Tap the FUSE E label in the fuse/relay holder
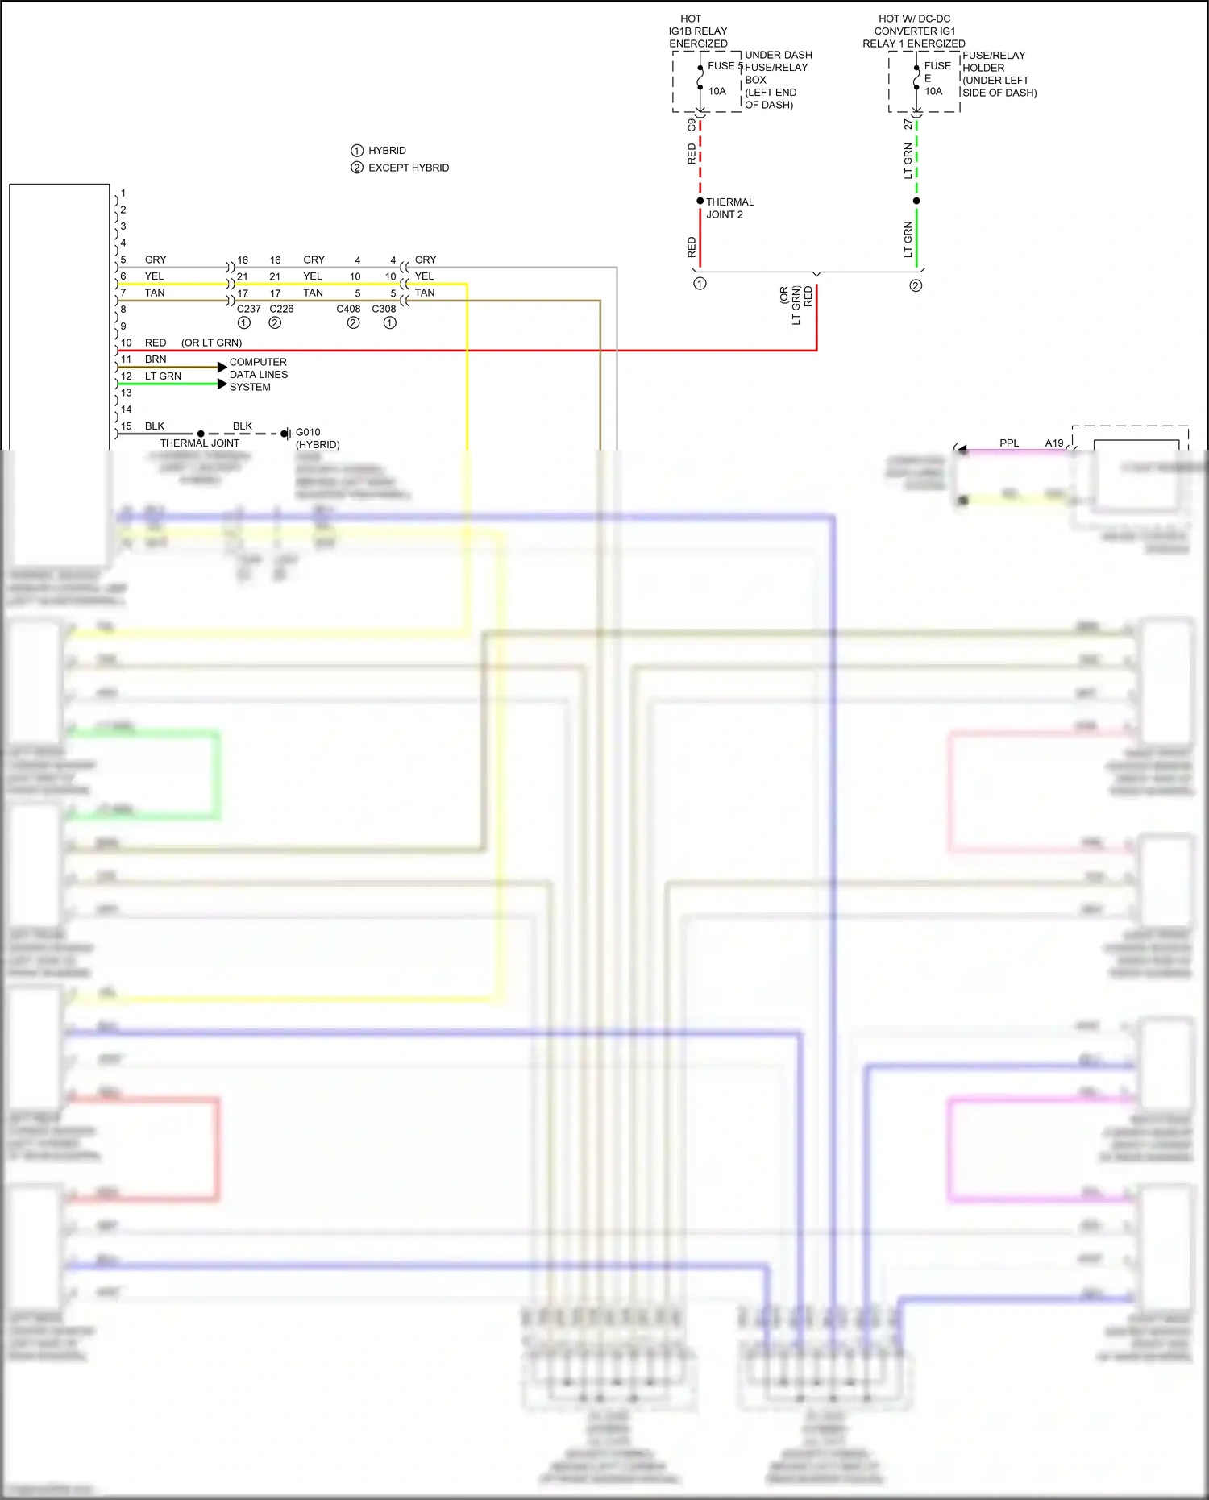pos(937,72)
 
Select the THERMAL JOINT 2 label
pos(729,208)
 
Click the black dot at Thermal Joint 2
pos(700,201)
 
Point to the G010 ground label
pos(308,432)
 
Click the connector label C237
pos(248,309)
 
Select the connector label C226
pos(281,309)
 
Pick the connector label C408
pos(348,309)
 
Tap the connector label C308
pos(384,309)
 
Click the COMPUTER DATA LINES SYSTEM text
pos(258,375)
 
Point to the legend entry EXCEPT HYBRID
pos(408,168)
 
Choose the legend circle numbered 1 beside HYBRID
pos(357,151)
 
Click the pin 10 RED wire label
pos(156,343)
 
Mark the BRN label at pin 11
pos(156,359)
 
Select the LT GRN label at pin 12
pos(163,376)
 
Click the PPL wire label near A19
pos(1009,443)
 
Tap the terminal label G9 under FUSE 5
pos(692,125)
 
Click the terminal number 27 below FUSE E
pos(908,125)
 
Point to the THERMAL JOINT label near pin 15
pos(199,443)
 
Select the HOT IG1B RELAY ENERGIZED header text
pos(697,31)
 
